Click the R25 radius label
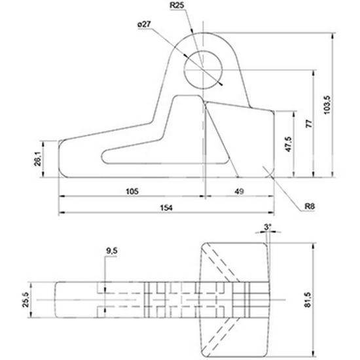coord(177,6)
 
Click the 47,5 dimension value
coord(289,143)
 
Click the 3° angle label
coord(266,226)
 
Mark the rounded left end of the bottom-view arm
coord(56,299)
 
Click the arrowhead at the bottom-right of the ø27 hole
coord(223,84)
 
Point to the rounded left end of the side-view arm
coord(61,158)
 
